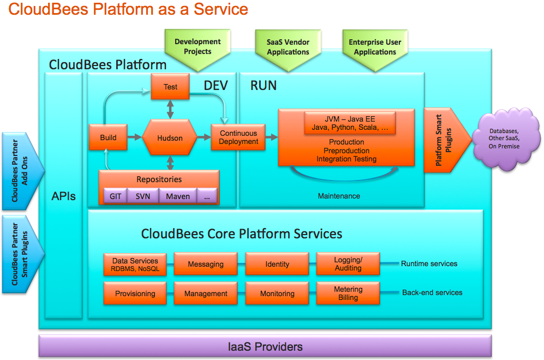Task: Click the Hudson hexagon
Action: tap(170, 137)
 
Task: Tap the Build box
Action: tap(108, 137)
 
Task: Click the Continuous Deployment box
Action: tap(238, 137)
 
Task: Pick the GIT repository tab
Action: tap(115, 196)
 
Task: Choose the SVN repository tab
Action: tap(143, 196)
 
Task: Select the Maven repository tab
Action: tap(178, 196)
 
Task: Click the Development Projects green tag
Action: tap(198, 48)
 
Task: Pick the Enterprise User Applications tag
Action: tap(375, 48)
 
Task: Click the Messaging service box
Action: tap(206, 265)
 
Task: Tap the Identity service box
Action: tap(277, 265)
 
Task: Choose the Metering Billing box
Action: tap(348, 293)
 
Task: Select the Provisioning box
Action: tap(135, 293)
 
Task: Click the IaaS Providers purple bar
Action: tap(265, 346)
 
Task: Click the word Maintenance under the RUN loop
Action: tap(339, 196)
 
